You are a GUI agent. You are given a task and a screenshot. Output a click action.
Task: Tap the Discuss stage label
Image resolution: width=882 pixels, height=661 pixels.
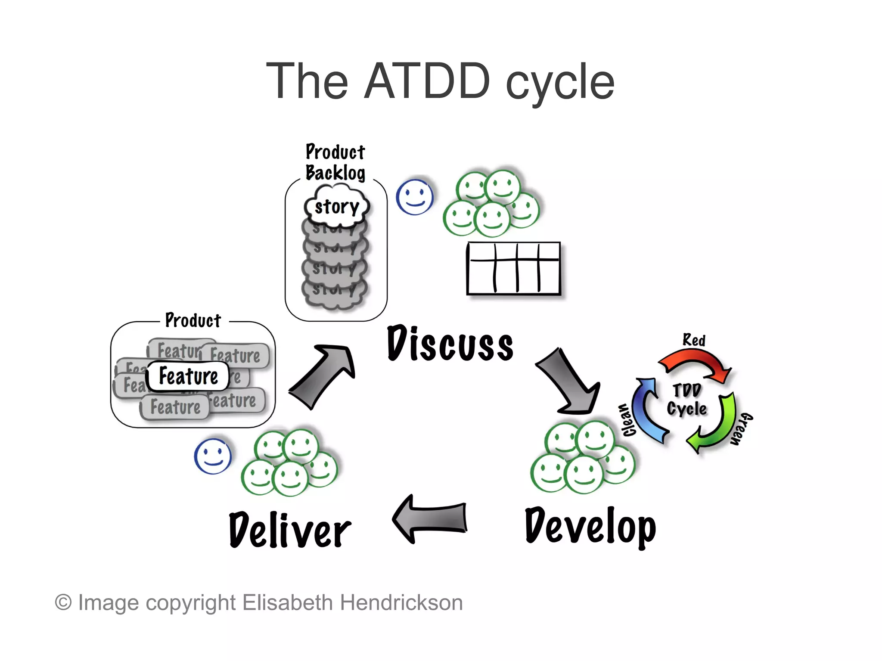click(450, 344)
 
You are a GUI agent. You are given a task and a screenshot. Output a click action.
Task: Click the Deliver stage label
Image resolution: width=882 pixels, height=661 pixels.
click(290, 530)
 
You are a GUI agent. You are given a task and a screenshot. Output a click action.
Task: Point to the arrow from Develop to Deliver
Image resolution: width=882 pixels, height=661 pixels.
click(431, 519)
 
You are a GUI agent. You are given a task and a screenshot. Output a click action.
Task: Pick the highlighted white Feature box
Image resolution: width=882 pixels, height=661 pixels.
click(188, 376)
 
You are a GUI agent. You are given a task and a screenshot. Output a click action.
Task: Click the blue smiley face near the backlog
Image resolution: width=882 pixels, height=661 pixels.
click(414, 197)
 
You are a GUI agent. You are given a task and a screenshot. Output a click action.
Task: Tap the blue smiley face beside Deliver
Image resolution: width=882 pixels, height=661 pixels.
click(212, 456)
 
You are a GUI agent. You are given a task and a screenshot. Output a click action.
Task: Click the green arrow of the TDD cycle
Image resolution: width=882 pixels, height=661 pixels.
click(715, 426)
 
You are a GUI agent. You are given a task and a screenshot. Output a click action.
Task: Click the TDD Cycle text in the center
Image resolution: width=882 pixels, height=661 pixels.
click(687, 400)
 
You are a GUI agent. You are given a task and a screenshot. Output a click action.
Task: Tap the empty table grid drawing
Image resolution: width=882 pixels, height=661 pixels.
click(513, 269)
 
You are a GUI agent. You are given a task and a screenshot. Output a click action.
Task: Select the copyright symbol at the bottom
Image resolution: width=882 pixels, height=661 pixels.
click(63, 602)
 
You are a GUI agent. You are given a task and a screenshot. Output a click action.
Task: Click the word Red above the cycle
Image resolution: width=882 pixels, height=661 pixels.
click(694, 340)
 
